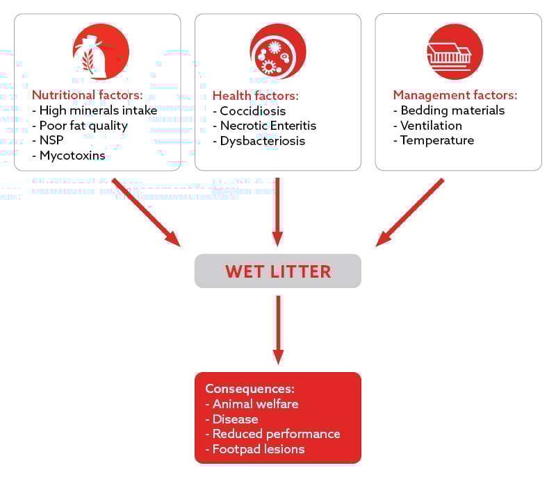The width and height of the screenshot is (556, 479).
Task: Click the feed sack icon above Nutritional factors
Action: (x=101, y=52)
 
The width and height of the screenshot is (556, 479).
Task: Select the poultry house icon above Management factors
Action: (x=455, y=52)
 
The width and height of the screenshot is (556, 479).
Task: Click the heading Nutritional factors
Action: (x=88, y=95)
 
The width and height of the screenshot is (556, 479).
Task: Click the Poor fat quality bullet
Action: (x=80, y=126)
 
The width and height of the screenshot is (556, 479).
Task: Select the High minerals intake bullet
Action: (x=95, y=110)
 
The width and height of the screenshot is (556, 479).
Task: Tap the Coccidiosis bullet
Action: (x=249, y=111)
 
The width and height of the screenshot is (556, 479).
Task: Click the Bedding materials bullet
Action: (x=449, y=110)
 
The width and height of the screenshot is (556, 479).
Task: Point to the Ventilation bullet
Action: (x=427, y=126)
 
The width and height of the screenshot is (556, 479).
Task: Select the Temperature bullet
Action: (x=434, y=140)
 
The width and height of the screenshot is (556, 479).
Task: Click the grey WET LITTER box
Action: (x=277, y=271)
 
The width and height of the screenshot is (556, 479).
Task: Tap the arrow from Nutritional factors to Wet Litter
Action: (x=146, y=212)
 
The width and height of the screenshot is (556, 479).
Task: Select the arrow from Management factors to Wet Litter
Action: (x=410, y=212)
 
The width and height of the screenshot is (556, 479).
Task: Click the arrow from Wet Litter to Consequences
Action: (x=277, y=330)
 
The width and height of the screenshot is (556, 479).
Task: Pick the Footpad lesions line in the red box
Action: (x=255, y=449)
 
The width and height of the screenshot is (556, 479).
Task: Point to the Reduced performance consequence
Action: (x=272, y=434)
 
